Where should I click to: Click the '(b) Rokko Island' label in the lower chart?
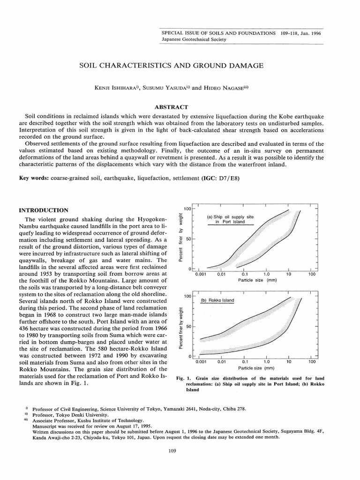click(x=217, y=300)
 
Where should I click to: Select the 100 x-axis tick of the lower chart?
click(x=312, y=362)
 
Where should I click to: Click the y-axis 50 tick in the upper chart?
click(x=188, y=239)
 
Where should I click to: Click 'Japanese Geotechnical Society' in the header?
click(x=194, y=39)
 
